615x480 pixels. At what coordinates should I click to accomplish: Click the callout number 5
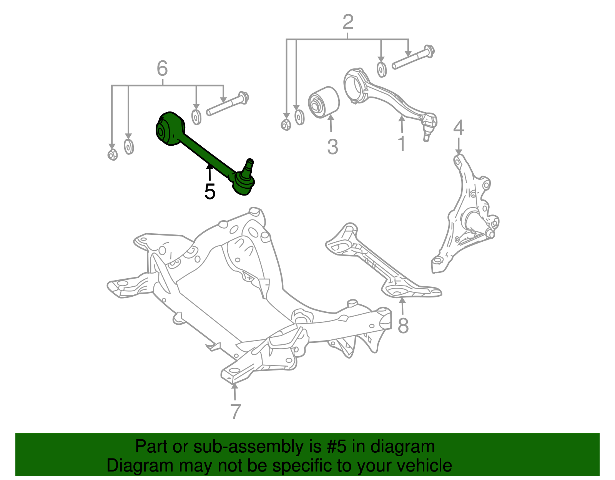[210, 191]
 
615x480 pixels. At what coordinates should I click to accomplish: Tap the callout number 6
[162, 69]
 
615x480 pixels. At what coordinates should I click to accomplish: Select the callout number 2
[347, 22]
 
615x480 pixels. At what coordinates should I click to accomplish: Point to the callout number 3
[332, 147]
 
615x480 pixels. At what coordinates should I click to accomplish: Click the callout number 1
[401, 144]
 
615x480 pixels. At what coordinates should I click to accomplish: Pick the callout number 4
[459, 128]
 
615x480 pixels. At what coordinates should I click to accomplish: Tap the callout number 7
[235, 412]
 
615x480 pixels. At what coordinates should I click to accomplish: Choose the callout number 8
[403, 326]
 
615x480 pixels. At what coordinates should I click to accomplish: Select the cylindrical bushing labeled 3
[324, 103]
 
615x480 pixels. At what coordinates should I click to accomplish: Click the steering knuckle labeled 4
[467, 215]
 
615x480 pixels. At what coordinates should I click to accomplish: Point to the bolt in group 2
[413, 57]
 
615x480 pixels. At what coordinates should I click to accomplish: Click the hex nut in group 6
[113, 154]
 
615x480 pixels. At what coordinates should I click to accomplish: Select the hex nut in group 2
[286, 125]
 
